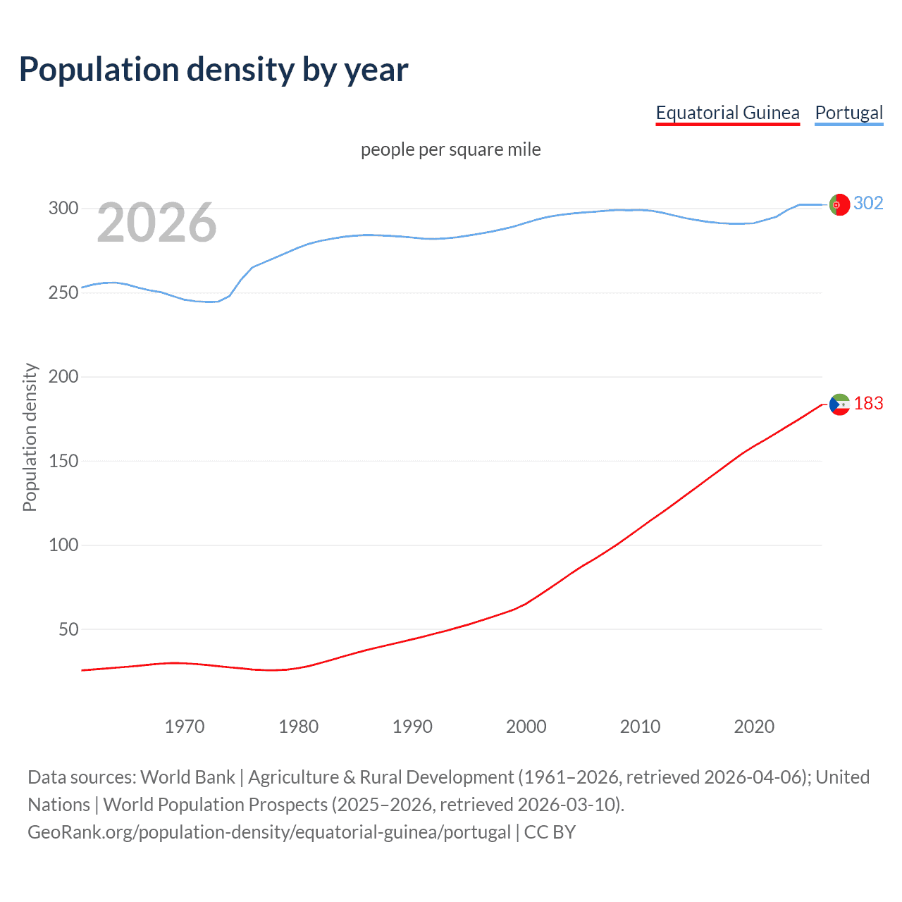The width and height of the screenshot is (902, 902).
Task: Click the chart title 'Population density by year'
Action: coord(214,70)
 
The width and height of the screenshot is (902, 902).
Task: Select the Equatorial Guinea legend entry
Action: coord(727,113)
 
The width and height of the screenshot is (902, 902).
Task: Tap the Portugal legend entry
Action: coord(848,113)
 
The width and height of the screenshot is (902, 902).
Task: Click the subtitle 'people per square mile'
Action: coord(450,149)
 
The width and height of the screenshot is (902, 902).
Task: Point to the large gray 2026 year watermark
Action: coord(156,223)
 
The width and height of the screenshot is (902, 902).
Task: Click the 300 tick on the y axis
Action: coord(63,209)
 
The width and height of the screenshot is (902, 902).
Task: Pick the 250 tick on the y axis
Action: coord(63,292)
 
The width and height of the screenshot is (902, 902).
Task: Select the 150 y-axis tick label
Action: coord(63,461)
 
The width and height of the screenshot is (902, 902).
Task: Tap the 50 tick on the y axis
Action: coord(68,629)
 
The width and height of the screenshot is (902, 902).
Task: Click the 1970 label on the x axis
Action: coord(185,727)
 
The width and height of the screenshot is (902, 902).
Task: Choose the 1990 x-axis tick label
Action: coord(412,727)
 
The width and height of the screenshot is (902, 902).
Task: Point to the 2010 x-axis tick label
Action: coord(640,727)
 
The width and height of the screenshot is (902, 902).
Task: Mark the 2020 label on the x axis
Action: coord(754,727)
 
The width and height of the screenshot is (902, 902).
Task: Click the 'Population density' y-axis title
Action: coord(30,437)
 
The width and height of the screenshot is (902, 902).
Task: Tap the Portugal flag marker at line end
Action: coord(839,204)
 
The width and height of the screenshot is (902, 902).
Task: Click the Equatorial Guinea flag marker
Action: coord(839,404)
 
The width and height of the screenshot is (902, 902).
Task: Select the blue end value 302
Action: coord(868,204)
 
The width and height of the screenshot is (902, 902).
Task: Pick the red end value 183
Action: coord(868,404)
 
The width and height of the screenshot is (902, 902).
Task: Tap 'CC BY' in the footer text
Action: coord(550,832)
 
